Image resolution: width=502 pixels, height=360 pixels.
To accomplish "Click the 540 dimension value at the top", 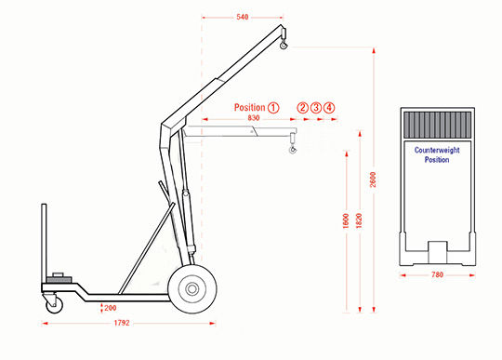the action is (x=243, y=17).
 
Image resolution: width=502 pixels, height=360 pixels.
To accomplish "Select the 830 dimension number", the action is (x=253, y=118).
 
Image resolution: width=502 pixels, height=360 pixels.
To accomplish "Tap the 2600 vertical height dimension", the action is (x=373, y=180).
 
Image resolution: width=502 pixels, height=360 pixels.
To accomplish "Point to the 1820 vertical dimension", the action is (x=359, y=220).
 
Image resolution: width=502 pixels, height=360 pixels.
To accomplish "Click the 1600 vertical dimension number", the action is (x=346, y=220).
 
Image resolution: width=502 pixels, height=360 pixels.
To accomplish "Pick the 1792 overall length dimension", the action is (x=122, y=323).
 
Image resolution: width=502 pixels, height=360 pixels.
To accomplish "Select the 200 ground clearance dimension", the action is (x=110, y=308).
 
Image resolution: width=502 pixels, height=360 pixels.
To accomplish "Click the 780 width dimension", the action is (x=437, y=274).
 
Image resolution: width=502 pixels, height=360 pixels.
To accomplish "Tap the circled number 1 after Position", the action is (x=273, y=108).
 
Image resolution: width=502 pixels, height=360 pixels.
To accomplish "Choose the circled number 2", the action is (x=302, y=108).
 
